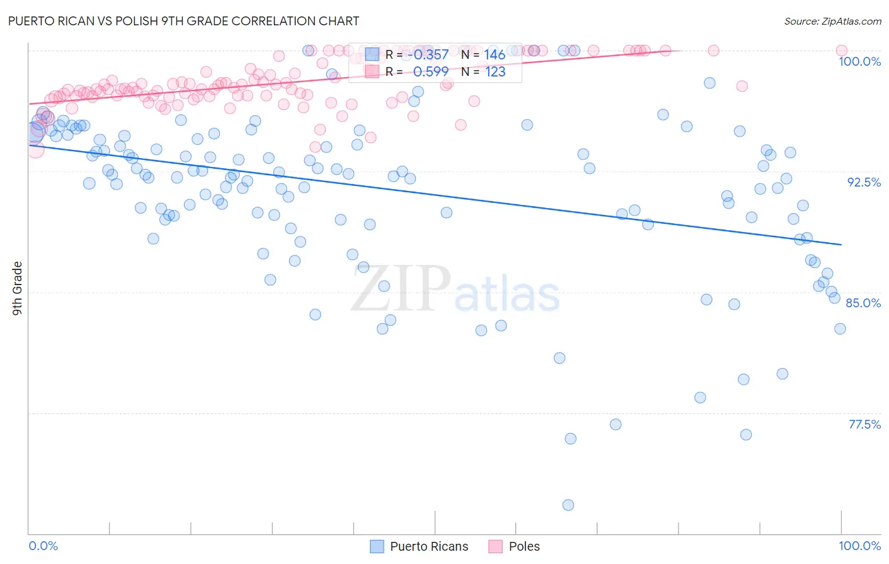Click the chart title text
(183, 21)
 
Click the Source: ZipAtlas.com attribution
(832, 21)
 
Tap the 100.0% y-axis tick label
(859, 61)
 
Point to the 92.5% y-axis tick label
(864, 182)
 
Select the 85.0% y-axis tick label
(863, 303)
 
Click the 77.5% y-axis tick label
(864, 424)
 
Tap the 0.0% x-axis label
(43, 546)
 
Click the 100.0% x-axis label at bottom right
(859, 546)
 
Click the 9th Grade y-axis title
(17, 288)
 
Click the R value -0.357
(428, 55)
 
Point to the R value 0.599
(431, 72)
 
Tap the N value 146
(494, 55)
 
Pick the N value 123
(495, 72)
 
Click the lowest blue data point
(568, 505)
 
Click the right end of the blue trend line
(841, 244)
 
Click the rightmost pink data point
(841, 51)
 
